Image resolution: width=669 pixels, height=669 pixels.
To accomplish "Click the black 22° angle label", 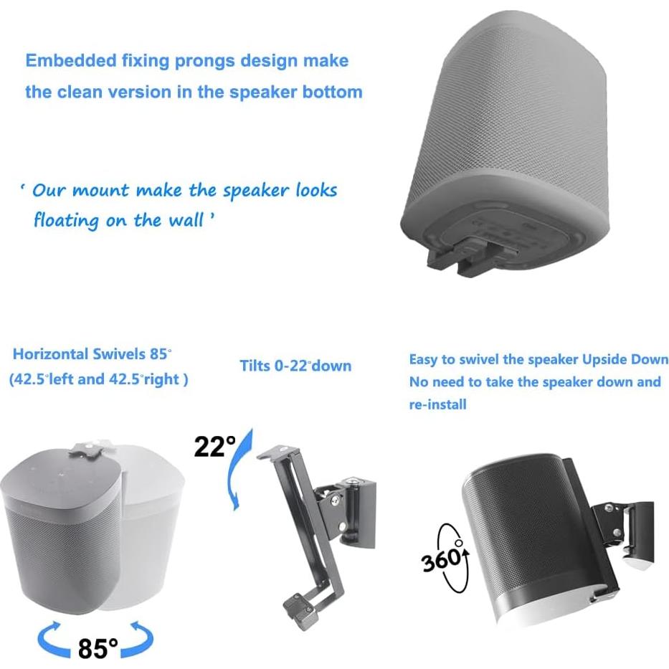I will (x=214, y=447).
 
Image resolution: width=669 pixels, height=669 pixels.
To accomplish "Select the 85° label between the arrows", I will (x=98, y=648).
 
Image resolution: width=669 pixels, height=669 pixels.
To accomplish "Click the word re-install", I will (x=437, y=404).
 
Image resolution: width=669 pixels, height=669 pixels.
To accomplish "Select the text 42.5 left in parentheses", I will (x=50, y=379).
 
